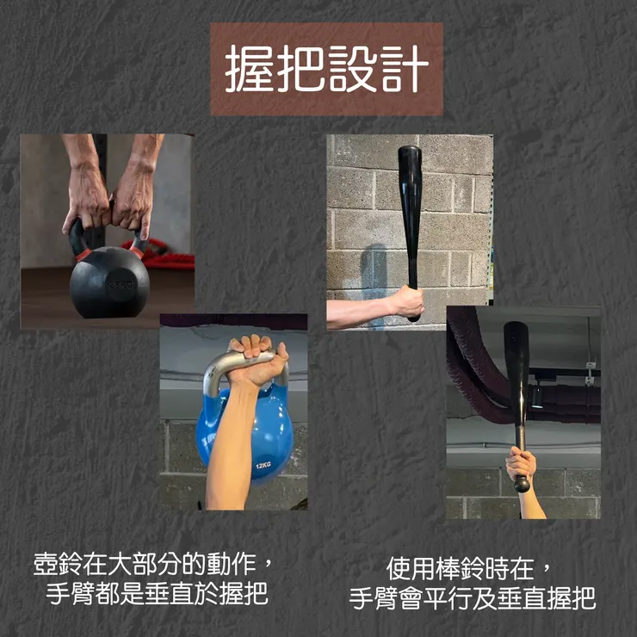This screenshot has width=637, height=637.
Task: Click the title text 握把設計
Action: (326, 70)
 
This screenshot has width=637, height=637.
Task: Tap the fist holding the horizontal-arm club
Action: (406, 302)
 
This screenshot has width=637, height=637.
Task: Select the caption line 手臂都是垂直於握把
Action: (158, 595)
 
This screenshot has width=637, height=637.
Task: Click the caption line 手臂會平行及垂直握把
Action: (473, 598)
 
